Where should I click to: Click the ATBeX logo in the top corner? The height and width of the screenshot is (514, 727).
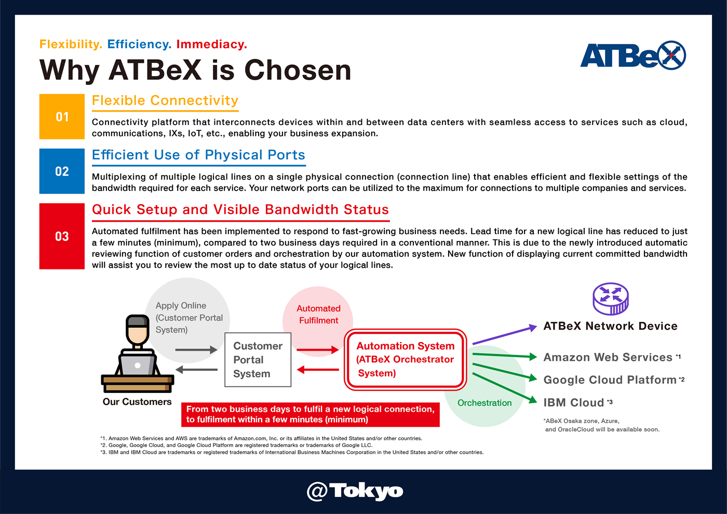coord(633,55)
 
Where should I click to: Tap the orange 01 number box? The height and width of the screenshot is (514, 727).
coord(62,116)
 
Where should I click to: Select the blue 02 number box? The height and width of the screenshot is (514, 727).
coord(62,171)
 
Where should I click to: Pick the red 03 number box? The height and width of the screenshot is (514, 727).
coord(62,236)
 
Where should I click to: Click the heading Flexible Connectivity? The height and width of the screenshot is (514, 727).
coord(165,101)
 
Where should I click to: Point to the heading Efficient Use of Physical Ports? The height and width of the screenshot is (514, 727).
coord(198,155)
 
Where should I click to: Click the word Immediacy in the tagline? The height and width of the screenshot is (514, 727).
coord(212,44)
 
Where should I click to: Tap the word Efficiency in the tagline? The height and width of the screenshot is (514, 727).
coord(139,44)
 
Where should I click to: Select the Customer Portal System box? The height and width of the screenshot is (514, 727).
coord(258,359)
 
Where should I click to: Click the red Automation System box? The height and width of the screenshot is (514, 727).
coord(406,359)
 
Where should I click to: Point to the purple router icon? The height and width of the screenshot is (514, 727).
coord(611,299)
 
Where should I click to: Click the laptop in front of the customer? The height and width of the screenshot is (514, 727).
coord(137,364)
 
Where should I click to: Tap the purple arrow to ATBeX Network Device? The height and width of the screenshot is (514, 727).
coord(505,335)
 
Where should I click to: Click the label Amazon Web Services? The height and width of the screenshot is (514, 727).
coord(608,357)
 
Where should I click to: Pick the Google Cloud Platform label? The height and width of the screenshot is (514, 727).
coord(610,380)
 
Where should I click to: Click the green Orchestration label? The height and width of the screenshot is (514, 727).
coord(484,403)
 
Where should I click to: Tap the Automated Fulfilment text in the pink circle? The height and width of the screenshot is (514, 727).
coord(318,314)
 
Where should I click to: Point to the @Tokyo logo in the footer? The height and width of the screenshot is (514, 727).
coord(355,491)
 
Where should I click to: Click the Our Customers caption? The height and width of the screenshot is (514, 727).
coord(137,402)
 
